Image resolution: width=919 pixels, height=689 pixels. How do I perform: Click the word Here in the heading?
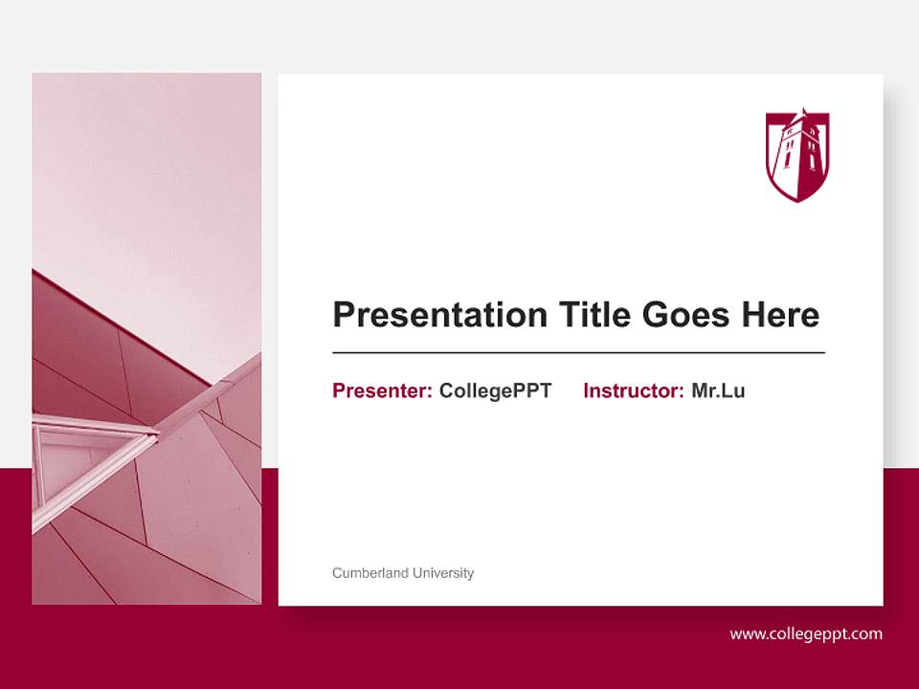click(x=780, y=315)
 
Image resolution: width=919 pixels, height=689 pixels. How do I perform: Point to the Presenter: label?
click(x=382, y=390)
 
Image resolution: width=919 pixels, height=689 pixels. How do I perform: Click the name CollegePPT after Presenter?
click(x=495, y=390)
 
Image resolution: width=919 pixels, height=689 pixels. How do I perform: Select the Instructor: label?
click(x=633, y=390)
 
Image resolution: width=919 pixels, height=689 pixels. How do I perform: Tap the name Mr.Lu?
click(x=718, y=390)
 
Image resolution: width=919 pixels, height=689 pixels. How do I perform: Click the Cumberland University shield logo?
click(x=797, y=155)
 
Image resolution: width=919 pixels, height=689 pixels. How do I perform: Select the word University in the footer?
click(x=443, y=573)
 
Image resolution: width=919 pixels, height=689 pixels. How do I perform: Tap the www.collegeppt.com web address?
click(x=806, y=633)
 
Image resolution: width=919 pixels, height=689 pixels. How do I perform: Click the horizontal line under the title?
click(x=578, y=353)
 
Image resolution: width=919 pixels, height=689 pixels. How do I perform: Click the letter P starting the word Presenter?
click(x=339, y=390)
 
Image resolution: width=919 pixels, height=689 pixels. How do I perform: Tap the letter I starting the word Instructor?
click(x=586, y=390)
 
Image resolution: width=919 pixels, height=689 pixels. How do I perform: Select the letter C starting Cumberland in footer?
click(x=337, y=573)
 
